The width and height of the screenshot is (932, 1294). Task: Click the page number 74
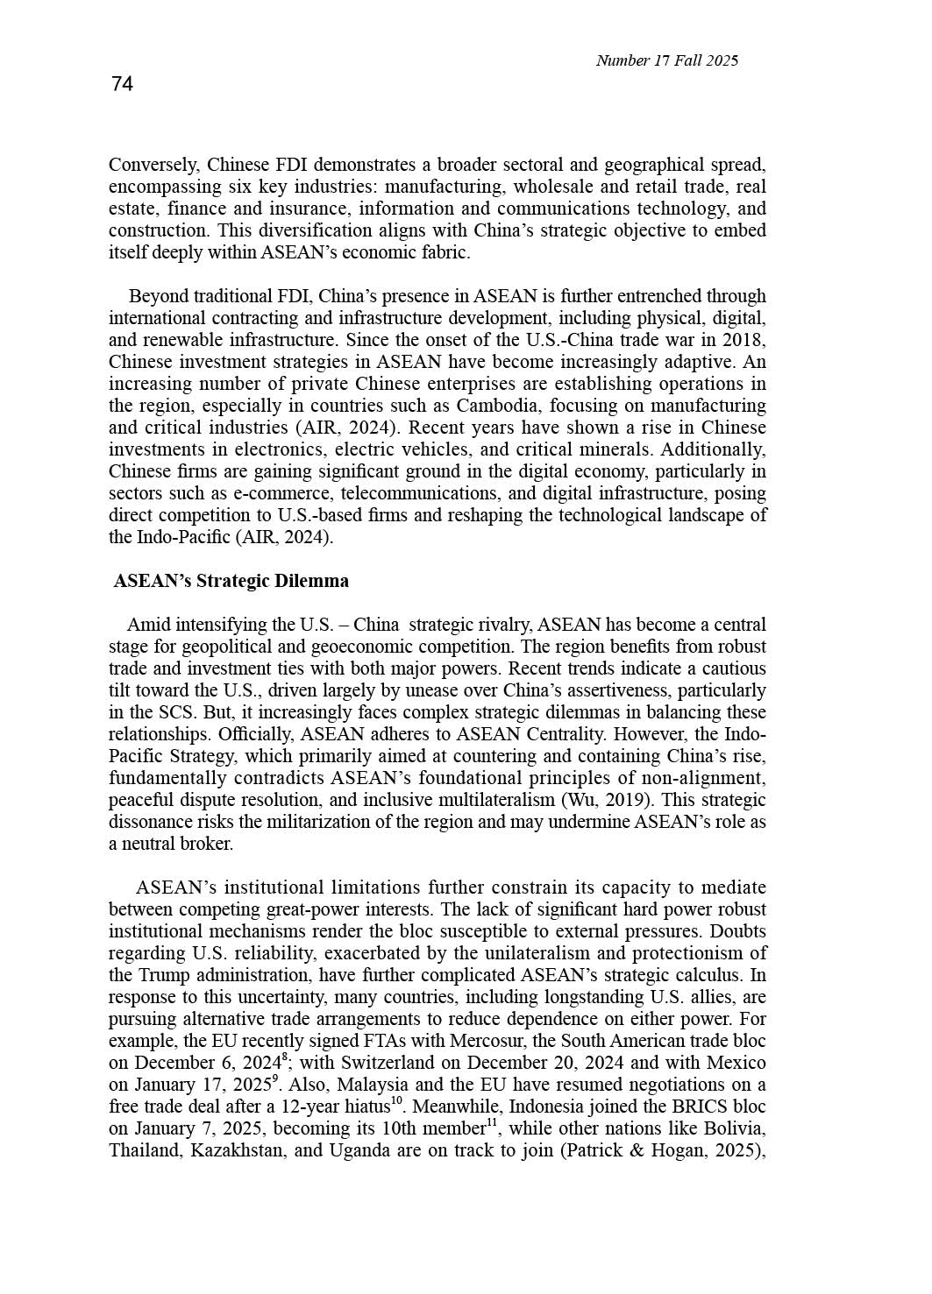pos(122,84)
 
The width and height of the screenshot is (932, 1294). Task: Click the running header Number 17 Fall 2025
pos(666,60)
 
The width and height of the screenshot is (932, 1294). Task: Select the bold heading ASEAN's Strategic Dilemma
pos(231,581)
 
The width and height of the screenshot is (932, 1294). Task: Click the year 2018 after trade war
pos(743,340)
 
